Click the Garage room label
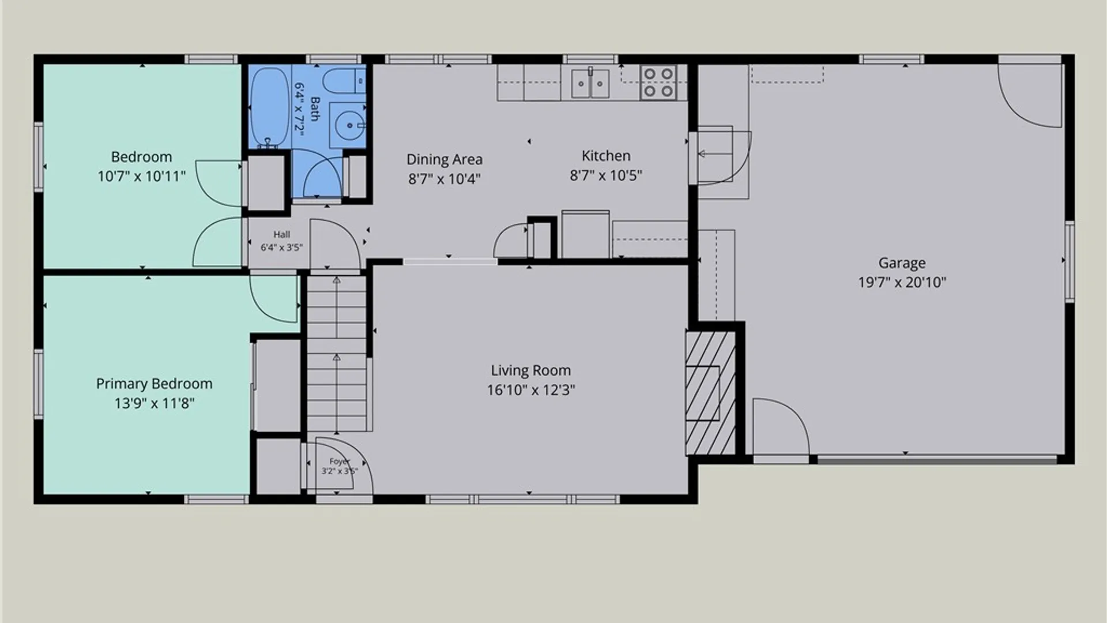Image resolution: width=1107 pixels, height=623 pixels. pos(902,263)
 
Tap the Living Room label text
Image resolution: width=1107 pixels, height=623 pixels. pos(530,370)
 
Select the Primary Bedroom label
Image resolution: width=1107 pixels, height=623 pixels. pos(154,384)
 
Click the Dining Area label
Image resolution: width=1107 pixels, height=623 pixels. pos(445,159)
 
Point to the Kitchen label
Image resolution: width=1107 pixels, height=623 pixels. pos(606,156)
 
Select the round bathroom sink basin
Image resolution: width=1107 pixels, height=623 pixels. pos(349,124)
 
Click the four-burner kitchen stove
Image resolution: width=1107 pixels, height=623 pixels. pos(658,82)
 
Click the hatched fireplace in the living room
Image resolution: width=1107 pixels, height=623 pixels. pos(710,393)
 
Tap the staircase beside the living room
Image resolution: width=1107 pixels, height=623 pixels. pos(337,354)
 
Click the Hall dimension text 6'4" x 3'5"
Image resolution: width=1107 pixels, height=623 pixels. pos(281,248)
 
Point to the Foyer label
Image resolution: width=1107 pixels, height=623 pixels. pos(340,461)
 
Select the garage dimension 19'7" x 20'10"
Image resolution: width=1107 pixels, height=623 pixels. pos(902,283)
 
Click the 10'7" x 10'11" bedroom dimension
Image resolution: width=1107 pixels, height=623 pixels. pos(141,177)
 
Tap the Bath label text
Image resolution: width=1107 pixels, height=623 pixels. pos(315,109)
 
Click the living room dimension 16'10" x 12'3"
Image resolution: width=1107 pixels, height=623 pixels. pos(531,391)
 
